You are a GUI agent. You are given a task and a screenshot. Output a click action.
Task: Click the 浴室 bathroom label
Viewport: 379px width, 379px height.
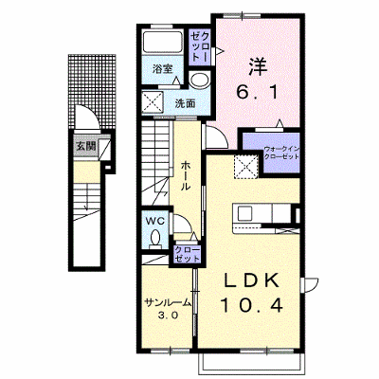(163, 69)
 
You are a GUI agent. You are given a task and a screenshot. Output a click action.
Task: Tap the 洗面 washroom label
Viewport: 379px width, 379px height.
(186, 103)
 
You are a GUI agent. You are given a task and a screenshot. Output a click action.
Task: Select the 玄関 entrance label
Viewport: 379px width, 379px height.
(86, 146)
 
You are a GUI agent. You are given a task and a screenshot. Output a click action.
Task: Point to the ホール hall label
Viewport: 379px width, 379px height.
(186, 175)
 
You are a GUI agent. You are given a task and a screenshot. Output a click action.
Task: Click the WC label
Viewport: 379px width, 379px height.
(155, 221)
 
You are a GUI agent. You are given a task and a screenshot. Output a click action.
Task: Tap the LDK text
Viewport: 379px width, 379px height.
(252, 280)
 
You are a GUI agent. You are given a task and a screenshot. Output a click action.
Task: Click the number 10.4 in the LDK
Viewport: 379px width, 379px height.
(251, 306)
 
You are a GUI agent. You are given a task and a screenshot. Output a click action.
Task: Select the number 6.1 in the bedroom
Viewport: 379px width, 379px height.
(258, 92)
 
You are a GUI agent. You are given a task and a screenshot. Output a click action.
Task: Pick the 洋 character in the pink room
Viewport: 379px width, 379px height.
(258, 66)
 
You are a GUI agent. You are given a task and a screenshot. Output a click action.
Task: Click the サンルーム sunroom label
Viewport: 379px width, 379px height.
(168, 302)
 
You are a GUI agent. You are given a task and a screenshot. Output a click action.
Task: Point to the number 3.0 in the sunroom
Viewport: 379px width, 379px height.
(168, 316)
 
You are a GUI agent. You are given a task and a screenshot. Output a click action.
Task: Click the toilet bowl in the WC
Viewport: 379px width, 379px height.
(155, 238)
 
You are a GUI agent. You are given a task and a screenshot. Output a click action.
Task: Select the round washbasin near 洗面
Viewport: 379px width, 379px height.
(200, 79)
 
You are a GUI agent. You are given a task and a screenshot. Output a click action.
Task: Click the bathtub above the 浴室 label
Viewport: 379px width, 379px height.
(162, 42)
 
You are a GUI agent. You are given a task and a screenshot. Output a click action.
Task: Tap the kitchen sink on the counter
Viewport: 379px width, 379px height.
(244, 214)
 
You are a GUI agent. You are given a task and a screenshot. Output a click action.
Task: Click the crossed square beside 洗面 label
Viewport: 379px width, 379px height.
(153, 102)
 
